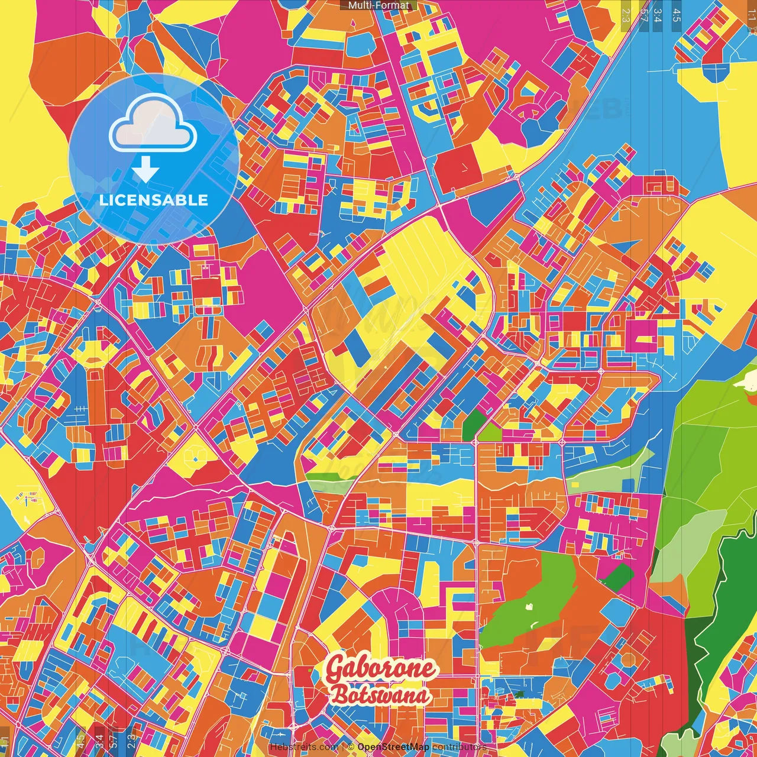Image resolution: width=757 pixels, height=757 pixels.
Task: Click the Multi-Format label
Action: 378,5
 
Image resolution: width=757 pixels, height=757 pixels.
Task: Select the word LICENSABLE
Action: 154,200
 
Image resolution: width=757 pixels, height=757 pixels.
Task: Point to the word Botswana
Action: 380,695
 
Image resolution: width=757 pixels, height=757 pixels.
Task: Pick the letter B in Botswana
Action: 339,694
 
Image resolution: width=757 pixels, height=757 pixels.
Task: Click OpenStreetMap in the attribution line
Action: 393,747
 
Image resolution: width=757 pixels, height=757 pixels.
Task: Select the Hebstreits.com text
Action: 303,747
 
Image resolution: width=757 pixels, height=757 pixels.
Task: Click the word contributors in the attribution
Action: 460,747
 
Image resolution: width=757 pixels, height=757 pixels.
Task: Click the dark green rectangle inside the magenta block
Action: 618,577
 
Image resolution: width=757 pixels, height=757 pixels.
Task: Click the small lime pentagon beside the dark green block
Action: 490,432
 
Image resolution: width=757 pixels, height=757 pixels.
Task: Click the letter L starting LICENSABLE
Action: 103,200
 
